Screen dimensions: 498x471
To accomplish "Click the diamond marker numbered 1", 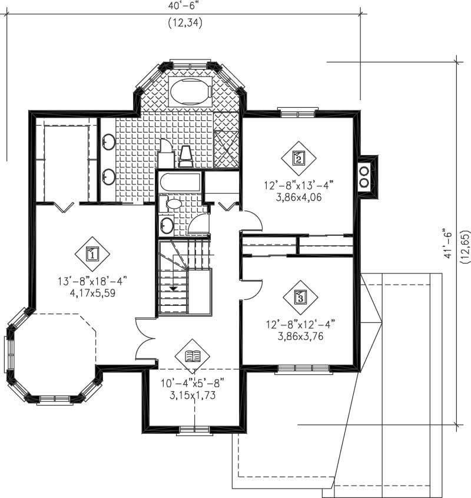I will coord(92,254).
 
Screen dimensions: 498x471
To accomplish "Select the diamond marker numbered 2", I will coord(298,158).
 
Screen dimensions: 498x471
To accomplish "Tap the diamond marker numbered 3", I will coord(300,296).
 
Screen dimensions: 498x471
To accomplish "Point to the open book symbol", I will coord(193,356).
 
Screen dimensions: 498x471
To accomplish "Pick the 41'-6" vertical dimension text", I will coord(451,243).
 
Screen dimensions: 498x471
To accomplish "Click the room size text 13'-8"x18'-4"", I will coord(92,281).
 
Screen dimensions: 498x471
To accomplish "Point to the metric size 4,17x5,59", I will coord(92,292).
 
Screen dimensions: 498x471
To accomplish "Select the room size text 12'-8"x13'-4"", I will coord(298,185).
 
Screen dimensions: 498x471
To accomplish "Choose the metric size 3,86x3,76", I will coord(300,337).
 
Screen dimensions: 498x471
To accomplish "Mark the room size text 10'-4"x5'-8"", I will coord(193,384).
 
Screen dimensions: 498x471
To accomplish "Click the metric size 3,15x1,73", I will coord(193,395).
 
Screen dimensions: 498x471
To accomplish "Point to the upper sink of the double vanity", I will coord(108,141).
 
